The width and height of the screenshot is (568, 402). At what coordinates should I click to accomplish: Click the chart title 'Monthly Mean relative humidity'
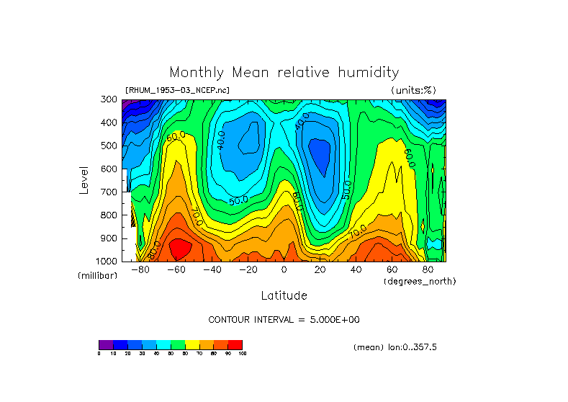(x=284, y=73)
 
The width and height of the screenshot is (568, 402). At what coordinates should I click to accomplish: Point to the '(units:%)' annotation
(x=413, y=90)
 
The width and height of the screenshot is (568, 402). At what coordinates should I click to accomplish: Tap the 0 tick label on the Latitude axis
(x=284, y=269)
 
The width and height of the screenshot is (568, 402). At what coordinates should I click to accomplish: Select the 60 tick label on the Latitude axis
(x=392, y=269)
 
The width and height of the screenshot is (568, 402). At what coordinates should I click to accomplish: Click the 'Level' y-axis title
(x=84, y=180)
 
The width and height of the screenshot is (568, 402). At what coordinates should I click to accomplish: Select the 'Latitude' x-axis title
(x=284, y=295)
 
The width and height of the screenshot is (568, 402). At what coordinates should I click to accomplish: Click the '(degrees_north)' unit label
(x=420, y=281)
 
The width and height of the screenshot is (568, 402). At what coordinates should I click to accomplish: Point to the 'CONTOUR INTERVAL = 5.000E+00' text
(x=289, y=319)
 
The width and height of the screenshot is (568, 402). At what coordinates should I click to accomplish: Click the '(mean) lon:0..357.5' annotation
(x=395, y=347)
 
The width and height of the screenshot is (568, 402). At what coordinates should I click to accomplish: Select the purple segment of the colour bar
(x=106, y=344)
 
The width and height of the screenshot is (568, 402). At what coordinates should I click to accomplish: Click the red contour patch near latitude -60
(x=179, y=249)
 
